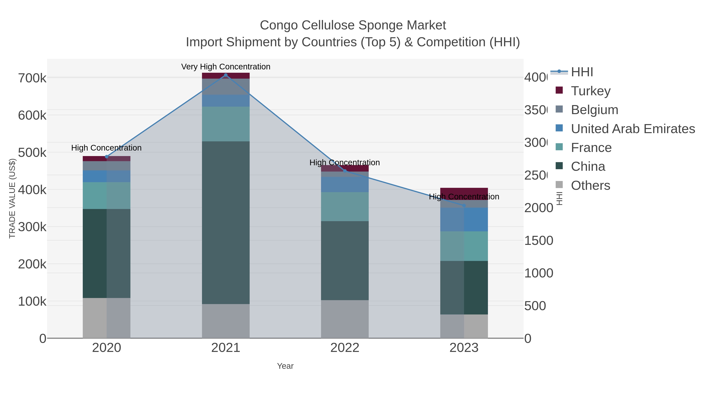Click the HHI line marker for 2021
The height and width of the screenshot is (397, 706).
click(x=226, y=75)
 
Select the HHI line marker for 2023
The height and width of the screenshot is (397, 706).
click(x=464, y=205)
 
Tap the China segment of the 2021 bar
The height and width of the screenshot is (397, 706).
click(x=226, y=223)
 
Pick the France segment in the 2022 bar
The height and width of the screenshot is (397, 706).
click(x=345, y=207)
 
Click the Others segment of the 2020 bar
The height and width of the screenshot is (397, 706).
click(x=106, y=318)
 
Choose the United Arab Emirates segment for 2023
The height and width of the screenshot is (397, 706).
click(x=464, y=219)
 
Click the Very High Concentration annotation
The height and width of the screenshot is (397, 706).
click(x=226, y=67)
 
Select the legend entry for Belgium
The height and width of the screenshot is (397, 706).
click(x=594, y=110)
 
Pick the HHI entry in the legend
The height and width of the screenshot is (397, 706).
click(x=582, y=72)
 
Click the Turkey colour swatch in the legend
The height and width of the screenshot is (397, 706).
click(x=559, y=90)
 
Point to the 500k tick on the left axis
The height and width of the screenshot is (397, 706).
click(x=32, y=153)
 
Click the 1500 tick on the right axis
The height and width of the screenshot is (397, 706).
click(x=539, y=241)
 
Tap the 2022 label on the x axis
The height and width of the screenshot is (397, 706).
click(x=345, y=348)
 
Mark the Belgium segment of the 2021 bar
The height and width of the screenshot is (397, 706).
click(x=226, y=87)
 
